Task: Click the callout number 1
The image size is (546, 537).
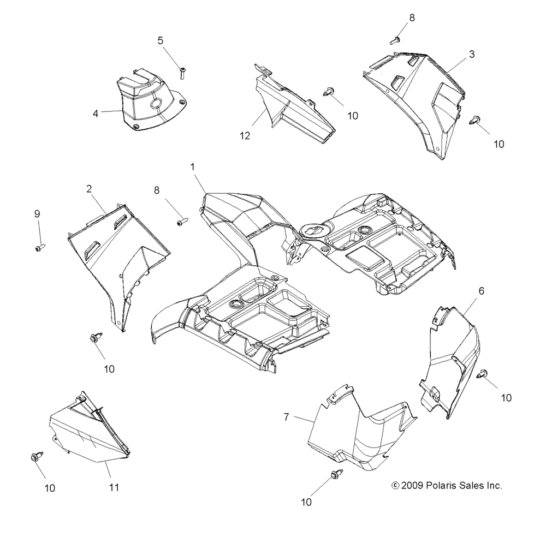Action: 193,167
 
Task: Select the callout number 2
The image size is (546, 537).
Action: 88,189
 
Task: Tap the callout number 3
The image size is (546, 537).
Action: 472,54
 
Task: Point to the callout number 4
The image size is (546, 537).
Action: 96,114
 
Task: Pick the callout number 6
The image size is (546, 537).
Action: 481,291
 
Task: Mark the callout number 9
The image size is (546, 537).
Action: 37,213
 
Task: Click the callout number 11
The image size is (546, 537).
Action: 114,487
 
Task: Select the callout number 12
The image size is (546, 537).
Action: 245,136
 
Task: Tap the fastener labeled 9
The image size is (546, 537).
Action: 40,247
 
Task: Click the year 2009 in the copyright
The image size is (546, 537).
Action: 414,485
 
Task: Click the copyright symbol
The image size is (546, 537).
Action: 396,485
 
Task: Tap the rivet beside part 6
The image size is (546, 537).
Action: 483,374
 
